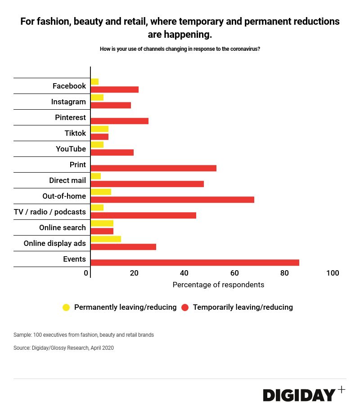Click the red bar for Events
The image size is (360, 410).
coord(195,263)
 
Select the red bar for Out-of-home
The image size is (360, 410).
coord(172,200)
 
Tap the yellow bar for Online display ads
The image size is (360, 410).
coord(106,239)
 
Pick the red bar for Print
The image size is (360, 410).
coord(153,168)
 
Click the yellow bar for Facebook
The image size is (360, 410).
coord(94,81)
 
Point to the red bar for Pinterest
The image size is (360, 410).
coord(119,121)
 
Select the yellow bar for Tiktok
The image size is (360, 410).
coord(99,129)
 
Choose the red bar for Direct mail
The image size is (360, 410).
coord(147,184)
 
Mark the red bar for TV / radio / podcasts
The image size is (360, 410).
coord(143,215)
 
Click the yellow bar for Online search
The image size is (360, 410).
coord(102,223)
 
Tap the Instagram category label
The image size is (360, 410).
coord(68,102)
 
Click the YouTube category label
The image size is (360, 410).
coord(71,149)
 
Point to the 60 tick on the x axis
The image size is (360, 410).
coord(234,273)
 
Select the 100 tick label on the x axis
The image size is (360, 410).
coord(333,273)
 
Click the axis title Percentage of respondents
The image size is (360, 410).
coord(218,285)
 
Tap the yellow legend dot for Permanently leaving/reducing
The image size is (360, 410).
coord(66,307)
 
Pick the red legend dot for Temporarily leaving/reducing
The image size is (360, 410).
coord(185,307)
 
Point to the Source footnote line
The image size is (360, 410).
coord(63,348)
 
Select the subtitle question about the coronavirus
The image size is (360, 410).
coord(180,49)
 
